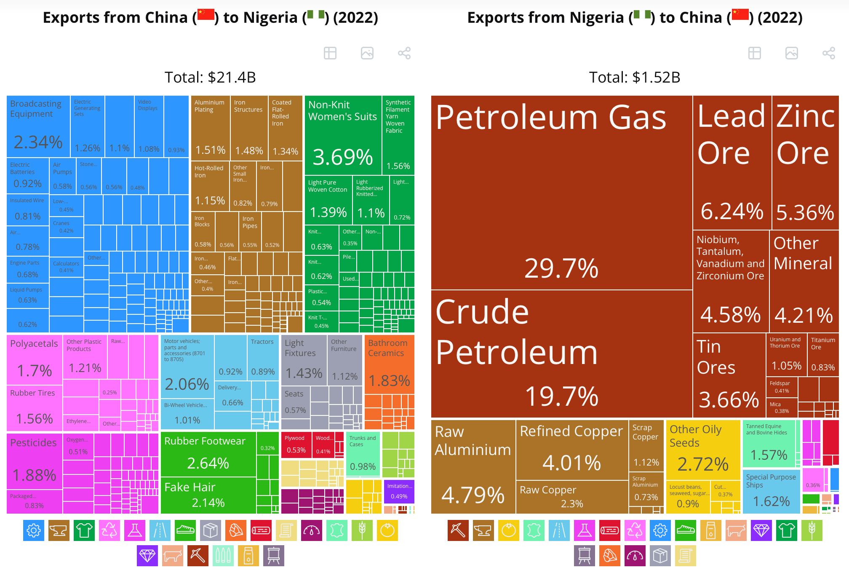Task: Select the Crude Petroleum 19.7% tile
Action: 561,354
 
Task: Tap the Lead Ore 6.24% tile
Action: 732,162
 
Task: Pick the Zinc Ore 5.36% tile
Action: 805,162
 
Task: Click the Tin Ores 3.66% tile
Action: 729,375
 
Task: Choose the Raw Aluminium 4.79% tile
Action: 473,467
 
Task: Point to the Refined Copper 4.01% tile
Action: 572,450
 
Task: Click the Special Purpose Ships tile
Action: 771,491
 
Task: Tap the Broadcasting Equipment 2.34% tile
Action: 38,126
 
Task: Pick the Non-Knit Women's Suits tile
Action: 343,135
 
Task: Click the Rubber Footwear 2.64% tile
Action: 208,454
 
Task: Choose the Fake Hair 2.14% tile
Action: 208,495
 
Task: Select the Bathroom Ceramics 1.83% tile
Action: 389,364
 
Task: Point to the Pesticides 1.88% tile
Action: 35,461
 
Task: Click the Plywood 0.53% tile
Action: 296,444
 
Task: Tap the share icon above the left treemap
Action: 404,53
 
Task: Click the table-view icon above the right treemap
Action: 754,53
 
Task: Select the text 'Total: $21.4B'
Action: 210,78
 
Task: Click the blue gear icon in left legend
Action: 34,530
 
